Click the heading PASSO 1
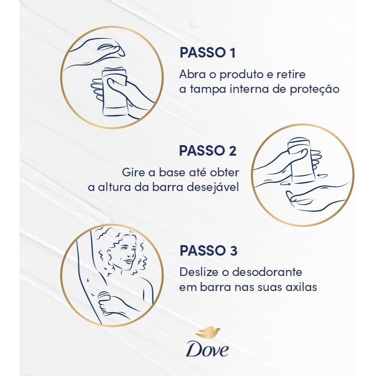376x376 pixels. [x=208, y=53]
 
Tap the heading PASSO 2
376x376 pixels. [x=208, y=151]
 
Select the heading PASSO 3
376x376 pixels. [x=208, y=250]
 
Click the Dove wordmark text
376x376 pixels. [x=207, y=350]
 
